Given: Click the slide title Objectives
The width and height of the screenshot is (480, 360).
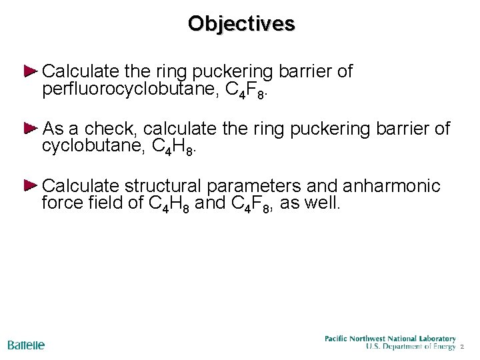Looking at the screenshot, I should [x=241, y=23].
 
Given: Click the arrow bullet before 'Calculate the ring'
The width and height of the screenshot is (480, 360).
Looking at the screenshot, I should [x=31, y=71].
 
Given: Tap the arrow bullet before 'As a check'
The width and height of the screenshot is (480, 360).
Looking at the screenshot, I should [x=31, y=127].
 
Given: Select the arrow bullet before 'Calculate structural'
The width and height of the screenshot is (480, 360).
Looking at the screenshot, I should [x=31, y=185].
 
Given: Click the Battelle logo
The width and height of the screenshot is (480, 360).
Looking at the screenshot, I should [x=26, y=345].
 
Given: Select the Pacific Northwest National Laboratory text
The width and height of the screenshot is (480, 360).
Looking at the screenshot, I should [x=390, y=339].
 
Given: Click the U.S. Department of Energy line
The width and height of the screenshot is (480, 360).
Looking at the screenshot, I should [x=411, y=347].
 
